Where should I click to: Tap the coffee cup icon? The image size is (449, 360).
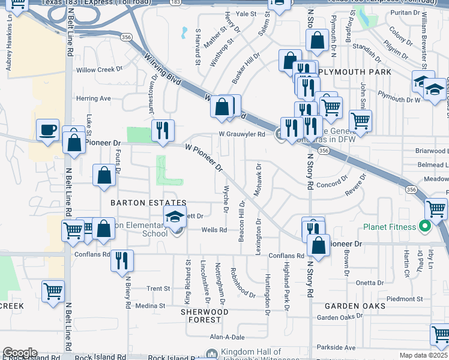tap(47, 130)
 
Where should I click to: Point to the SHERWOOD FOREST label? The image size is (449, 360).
tap(205, 316)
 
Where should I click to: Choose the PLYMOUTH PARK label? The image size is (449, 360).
tap(355, 72)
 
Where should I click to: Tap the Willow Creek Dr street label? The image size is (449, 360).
tap(95, 70)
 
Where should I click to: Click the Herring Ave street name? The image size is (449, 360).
tap(93, 98)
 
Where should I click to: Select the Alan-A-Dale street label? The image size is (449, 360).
tap(224, 337)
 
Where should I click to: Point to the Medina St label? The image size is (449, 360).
tap(150, 306)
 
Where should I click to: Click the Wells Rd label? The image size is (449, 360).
tap(214, 230)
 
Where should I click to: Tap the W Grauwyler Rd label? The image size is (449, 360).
tap(242, 134)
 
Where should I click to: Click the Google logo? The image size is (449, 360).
tap(20, 353)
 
